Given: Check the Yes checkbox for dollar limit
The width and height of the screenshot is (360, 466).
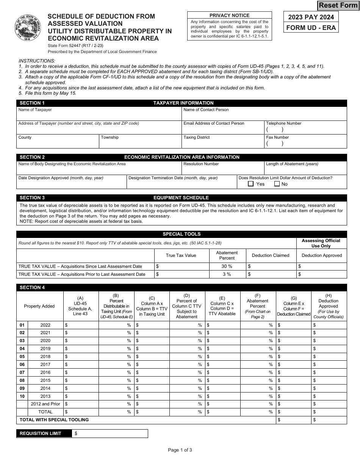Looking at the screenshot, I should [x=250, y=184].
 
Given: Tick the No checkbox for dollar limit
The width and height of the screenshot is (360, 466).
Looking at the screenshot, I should [x=277, y=184].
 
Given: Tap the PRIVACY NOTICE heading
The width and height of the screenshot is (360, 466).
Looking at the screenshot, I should [x=229, y=16].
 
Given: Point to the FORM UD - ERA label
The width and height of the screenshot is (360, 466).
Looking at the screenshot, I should [x=311, y=28].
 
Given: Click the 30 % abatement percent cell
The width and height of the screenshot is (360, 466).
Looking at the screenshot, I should [x=227, y=266].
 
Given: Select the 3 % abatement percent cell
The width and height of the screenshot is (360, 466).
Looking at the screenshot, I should [x=227, y=274].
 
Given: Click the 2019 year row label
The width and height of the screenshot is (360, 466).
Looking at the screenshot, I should [x=45, y=349].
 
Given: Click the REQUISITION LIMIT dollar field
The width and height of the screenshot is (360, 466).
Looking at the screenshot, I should [x=110, y=433].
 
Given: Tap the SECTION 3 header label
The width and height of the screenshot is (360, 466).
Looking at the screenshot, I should [x=32, y=198].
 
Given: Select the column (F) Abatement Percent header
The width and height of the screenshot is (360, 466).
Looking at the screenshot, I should [x=258, y=306].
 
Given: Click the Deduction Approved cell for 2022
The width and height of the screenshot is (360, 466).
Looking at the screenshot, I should [x=329, y=325].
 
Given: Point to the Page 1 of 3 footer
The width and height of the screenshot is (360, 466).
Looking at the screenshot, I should [x=180, y=450].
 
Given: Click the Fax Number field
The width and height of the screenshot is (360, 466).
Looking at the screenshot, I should [x=306, y=143].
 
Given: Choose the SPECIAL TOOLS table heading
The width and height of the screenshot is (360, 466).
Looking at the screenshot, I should [x=182, y=234].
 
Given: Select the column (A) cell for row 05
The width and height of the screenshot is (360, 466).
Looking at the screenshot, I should [x=81, y=357].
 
